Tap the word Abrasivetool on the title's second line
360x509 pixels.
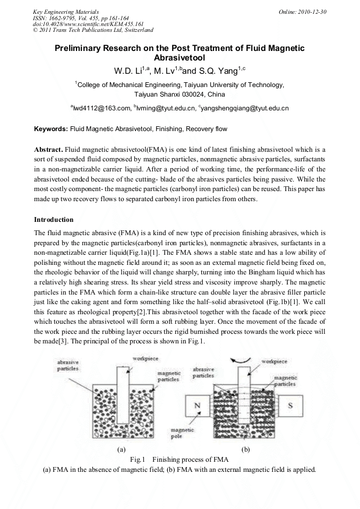click(179, 58)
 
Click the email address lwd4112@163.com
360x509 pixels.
click(101, 108)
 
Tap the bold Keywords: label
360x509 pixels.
click(51, 129)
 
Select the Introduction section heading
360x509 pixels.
click(54, 219)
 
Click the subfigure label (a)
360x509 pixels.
click(121, 449)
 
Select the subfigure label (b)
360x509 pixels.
click(246, 449)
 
